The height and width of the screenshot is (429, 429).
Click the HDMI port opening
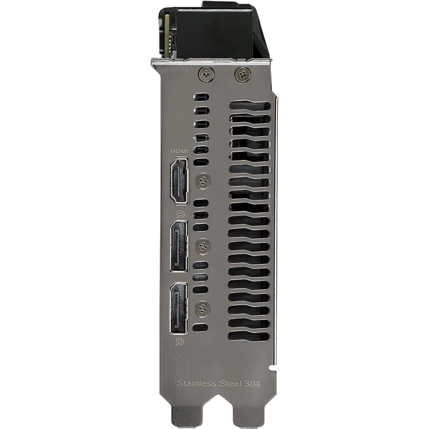tap(179, 181)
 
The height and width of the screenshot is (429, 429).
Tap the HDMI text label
tap(180, 151)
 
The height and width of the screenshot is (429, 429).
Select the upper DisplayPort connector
tap(179, 246)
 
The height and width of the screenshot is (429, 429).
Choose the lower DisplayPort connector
tap(179, 309)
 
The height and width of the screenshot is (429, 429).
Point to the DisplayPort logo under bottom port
tap(180, 342)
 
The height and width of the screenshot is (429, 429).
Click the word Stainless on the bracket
tap(196, 382)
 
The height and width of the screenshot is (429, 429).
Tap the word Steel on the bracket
tap(230, 383)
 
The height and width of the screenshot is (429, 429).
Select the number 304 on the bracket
tap(252, 383)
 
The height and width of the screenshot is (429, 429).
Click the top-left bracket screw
tap(206, 73)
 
